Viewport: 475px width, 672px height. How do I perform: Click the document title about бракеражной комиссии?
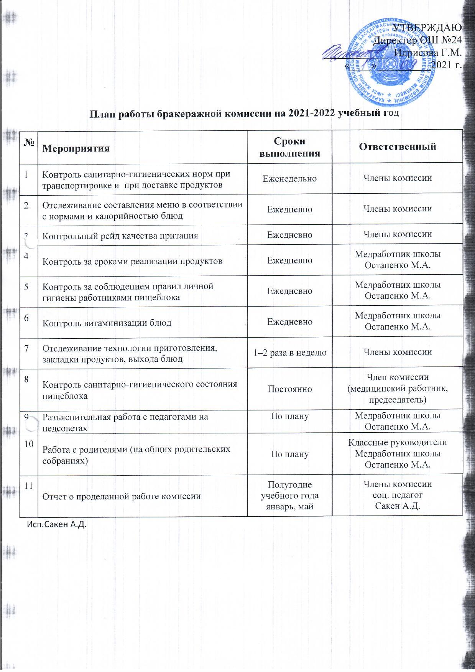[244, 114]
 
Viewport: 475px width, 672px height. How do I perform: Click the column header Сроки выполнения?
[289, 147]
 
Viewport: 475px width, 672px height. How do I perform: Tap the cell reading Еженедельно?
[289, 178]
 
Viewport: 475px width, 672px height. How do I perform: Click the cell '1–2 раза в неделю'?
[289, 352]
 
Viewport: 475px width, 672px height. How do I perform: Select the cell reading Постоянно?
[289, 389]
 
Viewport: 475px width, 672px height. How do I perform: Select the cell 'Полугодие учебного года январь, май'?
[289, 496]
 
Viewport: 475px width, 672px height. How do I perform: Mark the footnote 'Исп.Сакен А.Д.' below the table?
[56, 525]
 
